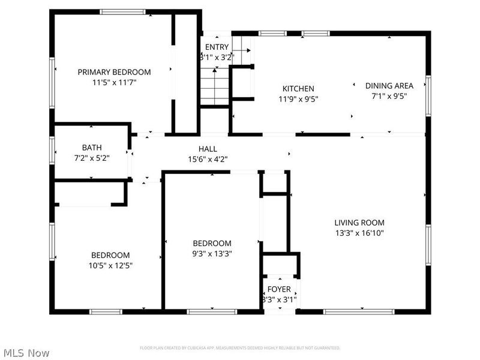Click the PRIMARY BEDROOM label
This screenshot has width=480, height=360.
click(x=114, y=72)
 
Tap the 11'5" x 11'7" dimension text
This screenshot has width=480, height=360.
click(x=114, y=83)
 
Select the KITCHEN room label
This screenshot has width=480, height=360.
click(x=298, y=89)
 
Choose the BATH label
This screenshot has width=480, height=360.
click(x=92, y=148)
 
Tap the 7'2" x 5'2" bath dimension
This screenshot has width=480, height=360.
click(x=92, y=158)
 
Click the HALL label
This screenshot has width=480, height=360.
click(x=208, y=149)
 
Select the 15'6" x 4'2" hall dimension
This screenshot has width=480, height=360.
click(x=208, y=160)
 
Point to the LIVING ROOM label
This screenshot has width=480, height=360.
click(x=359, y=223)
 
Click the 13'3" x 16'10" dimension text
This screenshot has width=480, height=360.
click(x=359, y=233)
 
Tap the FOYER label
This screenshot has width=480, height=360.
click(x=279, y=289)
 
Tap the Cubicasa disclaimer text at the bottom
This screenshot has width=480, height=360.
click(x=240, y=348)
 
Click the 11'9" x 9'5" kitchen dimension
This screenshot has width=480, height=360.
click(x=298, y=99)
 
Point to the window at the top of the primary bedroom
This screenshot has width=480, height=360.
click(x=122, y=11)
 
